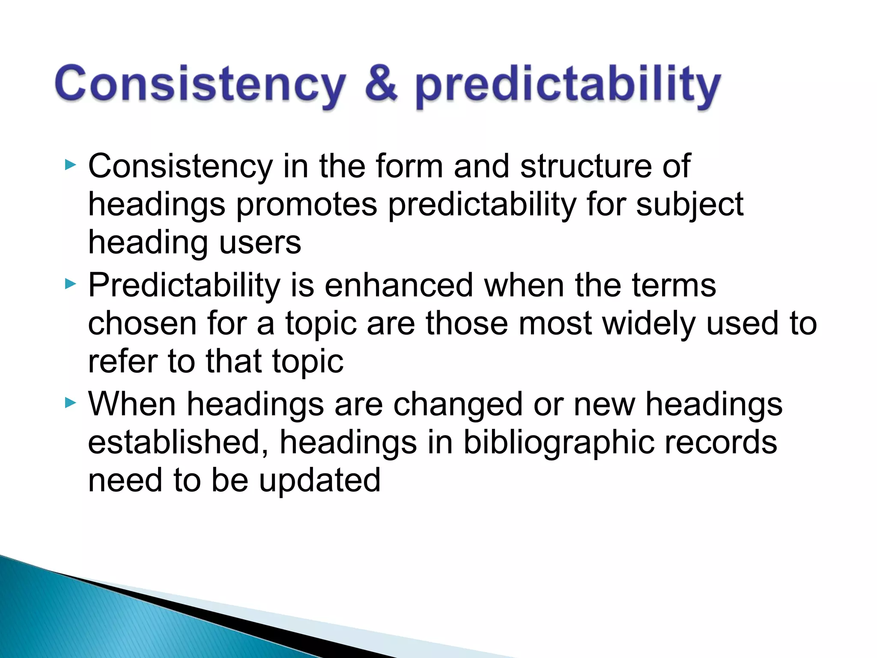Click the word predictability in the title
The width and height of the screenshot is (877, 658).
pyautogui.click(x=567, y=86)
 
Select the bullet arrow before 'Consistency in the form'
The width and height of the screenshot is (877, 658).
pyautogui.click(x=70, y=165)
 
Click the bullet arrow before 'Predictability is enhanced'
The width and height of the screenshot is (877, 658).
pyautogui.click(x=70, y=284)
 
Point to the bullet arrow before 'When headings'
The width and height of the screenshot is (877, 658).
pyautogui.click(x=70, y=403)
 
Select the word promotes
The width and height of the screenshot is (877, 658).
pyautogui.click(x=307, y=204)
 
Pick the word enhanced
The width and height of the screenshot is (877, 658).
pyautogui.click(x=398, y=285)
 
